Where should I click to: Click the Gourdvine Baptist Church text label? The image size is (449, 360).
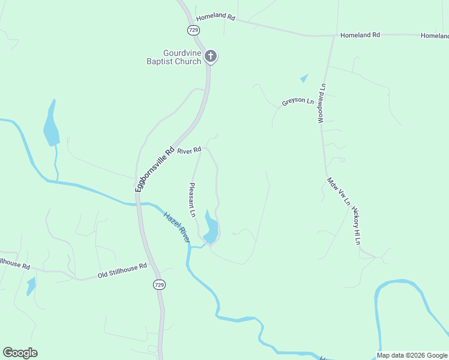point(174,57)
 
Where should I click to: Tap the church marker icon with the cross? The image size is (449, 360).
point(210,56)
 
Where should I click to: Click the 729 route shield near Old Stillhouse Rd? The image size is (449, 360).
point(158,284)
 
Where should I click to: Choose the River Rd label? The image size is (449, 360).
point(188,151)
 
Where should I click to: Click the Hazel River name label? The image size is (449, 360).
point(177,226)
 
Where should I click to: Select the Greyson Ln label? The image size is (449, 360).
point(298,102)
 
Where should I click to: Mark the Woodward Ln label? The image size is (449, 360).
point(322,103)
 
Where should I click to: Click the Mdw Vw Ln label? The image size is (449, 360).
point(338,191)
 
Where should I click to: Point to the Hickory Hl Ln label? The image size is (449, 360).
point(356,226)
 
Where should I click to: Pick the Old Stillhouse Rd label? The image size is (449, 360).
point(122,271)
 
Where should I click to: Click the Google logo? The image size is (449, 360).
point(20,353)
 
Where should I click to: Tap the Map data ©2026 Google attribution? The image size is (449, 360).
point(412,355)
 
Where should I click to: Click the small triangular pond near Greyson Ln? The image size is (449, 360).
point(304,78)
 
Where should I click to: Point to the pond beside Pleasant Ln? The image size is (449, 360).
point(211,229)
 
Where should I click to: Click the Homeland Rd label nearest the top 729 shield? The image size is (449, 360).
point(214,17)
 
